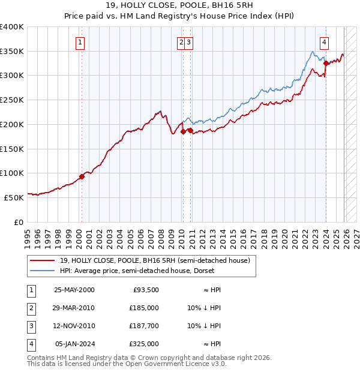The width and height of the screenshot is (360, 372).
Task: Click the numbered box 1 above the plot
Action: (x=80, y=42)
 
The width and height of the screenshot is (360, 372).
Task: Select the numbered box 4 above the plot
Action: (x=324, y=42)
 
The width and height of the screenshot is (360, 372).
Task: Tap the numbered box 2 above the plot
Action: (x=181, y=42)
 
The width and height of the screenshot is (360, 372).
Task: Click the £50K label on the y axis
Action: (x=14, y=197)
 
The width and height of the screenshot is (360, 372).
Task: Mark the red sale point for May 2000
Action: (x=82, y=176)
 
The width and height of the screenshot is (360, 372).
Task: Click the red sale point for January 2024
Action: (x=326, y=63)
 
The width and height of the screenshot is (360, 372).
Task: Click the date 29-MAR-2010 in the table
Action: (x=74, y=308)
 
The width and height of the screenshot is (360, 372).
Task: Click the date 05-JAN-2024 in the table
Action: (x=74, y=344)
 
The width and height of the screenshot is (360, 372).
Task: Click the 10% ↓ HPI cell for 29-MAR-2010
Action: (x=204, y=308)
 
